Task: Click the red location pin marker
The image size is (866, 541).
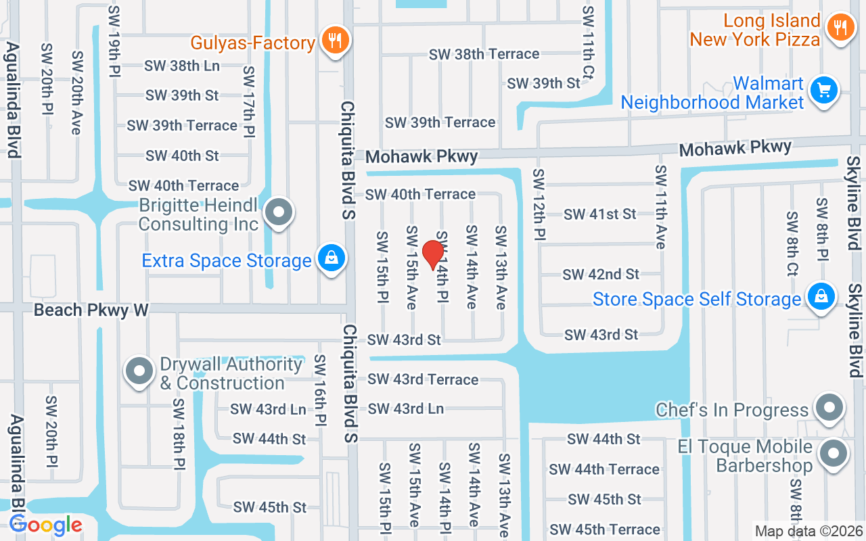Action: pyautogui.click(x=432, y=254)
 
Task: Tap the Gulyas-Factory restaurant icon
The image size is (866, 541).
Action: pyautogui.click(x=334, y=40)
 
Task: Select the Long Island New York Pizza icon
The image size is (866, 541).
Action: pyautogui.click(x=840, y=28)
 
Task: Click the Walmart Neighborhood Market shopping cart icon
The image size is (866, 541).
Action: pyautogui.click(x=823, y=90)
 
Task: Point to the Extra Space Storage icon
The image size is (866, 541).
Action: pyautogui.click(x=331, y=258)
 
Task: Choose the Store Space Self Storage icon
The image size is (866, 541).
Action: pyautogui.click(x=820, y=298)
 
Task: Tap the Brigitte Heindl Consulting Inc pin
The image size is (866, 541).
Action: pyautogui.click(x=277, y=213)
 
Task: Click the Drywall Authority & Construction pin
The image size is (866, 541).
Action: pyautogui.click(x=140, y=371)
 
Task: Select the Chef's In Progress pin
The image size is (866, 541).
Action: pyautogui.click(x=828, y=408)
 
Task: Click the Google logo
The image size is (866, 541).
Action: pyautogui.click(x=46, y=525)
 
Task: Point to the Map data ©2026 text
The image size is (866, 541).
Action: pyautogui.click(x=809, y=532)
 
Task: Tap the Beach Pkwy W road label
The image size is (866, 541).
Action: pyautogui.click(x=91, y=310)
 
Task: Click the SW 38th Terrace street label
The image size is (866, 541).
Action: pyautogui.click(x=484, y=53)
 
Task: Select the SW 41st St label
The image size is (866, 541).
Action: pyautogui.click(x=600, y=214)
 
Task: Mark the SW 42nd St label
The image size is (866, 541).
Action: pyautogui.click(x=601, y=274)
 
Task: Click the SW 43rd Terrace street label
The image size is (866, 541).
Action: pyautogui.click(x=423, y=379)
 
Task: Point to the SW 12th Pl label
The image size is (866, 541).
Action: pyautogui.click(x=539, y=204)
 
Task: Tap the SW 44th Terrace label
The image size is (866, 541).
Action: pyautogui.click(x=604, y=469)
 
